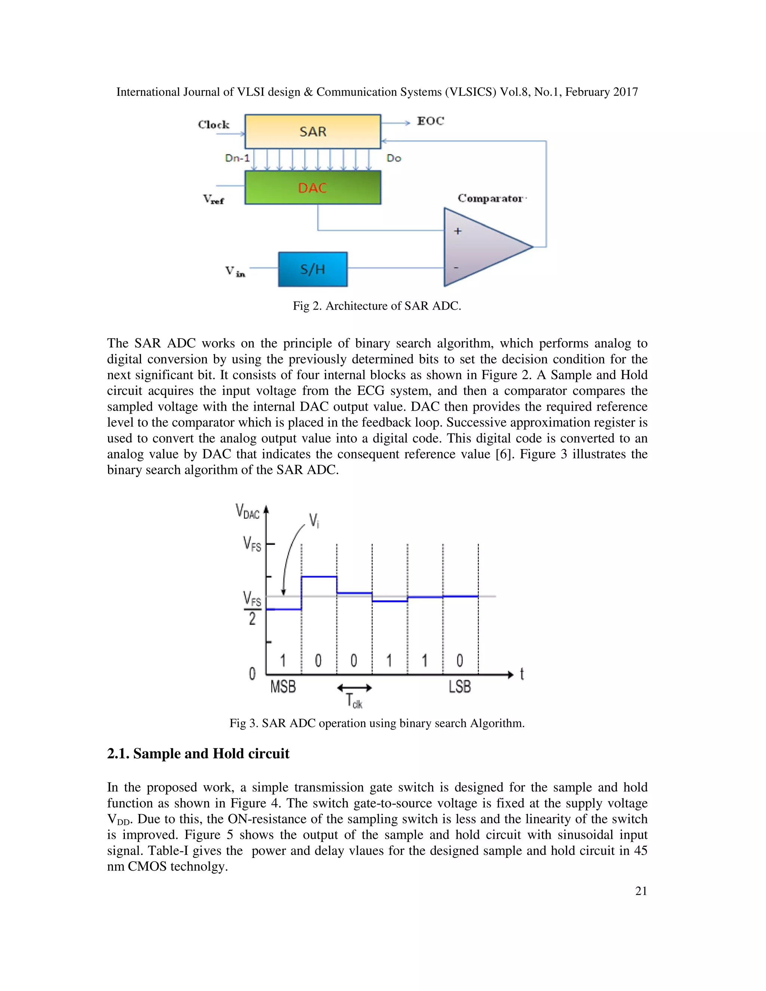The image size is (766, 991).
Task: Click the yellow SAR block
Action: (x=313, y=132)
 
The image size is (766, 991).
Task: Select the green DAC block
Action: (x=313, y=187)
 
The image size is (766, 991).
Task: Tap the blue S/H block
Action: (x=313, y=270)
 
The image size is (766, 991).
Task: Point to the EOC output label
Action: (x=430, y=121)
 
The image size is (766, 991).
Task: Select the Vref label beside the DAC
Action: (x=213, y=199)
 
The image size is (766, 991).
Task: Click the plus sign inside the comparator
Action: (x=457, y=231)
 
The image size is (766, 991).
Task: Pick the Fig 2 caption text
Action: (x=377, y=306)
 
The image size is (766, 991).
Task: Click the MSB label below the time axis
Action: (x=283, y=687)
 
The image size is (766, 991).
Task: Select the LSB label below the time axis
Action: (x=460, y=687)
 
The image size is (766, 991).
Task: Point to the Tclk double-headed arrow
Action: (x=355, y=688)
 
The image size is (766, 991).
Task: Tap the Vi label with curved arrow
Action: (x=314, y=521)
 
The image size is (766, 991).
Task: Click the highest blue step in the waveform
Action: (x=319, y=577)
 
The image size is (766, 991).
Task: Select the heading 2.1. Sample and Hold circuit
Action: (x=198, y=754)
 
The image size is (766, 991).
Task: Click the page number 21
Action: (x=641, y=891)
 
